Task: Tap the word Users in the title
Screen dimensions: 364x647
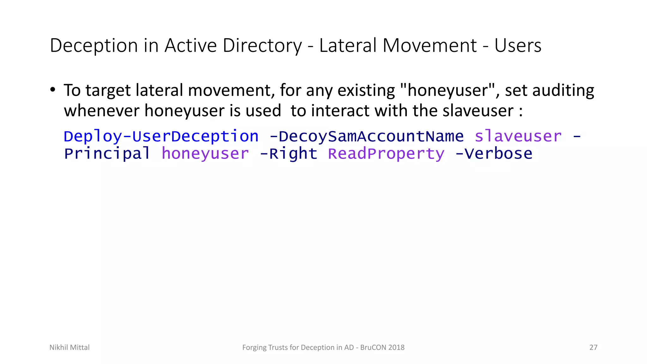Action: click(518, 45)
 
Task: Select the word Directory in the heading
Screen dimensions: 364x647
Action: click(262, 45)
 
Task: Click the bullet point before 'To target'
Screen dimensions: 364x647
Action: click(53, 90)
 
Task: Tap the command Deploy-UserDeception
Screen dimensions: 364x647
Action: click(161, 136)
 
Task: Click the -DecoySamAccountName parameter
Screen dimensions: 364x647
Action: click(366, 136)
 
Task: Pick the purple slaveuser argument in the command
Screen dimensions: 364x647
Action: click(518, 136)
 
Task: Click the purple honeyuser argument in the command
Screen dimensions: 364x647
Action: click(205, 154)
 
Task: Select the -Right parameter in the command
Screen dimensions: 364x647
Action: click(288, 154)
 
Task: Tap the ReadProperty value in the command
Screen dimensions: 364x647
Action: click(386, 154)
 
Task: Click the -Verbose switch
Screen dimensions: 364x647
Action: click(494, 154)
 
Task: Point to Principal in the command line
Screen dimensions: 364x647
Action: click(107, 154)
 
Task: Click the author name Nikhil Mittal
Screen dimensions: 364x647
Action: click(70, 348)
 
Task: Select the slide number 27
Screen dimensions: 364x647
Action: click(593, 348)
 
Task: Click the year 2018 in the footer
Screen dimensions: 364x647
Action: click(396, 348)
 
